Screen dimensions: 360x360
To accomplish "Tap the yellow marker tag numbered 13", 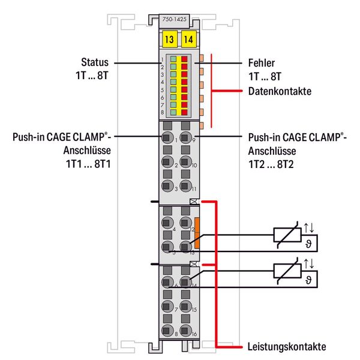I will click(169, 40).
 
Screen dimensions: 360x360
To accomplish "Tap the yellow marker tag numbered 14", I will click(188, 40).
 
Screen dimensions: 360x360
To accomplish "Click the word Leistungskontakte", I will click(286, 347).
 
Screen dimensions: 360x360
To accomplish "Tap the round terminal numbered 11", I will click(186, 187).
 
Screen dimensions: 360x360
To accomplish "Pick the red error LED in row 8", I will click(185, 112).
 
